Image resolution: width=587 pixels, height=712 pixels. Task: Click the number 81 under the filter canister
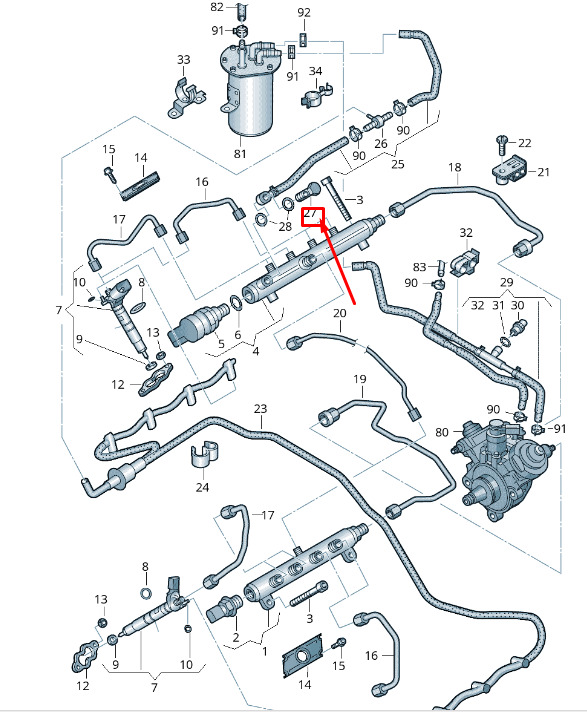[x=240, y=154]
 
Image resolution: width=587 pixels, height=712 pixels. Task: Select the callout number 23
[x=260, y=409]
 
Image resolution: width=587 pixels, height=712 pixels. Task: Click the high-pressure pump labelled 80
[x=503, y=468]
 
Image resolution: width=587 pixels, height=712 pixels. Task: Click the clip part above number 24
[x=204, y=453]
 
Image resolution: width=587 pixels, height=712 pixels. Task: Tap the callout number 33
[x=183, y=60]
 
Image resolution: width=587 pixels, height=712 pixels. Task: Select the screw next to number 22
[x=501, y=146]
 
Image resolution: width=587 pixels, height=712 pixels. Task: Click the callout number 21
[x=543, y=172]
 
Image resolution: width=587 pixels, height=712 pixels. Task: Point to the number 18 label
[x=454, y=167]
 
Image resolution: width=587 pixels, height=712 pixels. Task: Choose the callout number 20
[x=340, y=313]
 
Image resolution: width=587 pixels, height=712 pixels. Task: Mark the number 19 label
[x=360, y=379]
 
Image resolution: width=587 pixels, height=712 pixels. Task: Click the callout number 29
[x=507, y=282]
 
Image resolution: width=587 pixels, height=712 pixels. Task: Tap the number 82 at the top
[x=217, y=7]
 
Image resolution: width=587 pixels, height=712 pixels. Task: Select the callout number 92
[x=304, y=12]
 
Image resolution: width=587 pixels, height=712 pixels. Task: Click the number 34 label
[x=316, y=71]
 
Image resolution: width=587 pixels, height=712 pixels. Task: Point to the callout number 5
[x=221, y=343]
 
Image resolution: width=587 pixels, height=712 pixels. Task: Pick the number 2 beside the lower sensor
[x=236, y=637]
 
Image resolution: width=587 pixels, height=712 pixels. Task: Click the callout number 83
[x=419, y=267]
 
